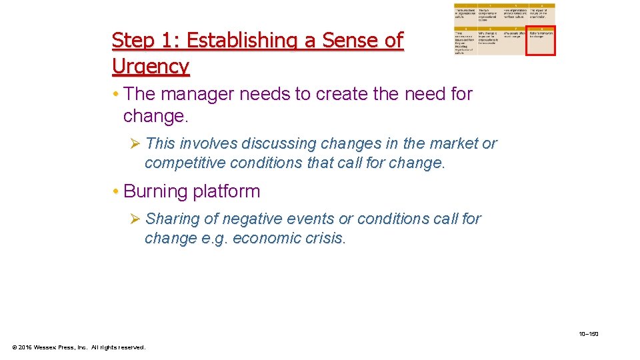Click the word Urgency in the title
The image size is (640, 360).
tap(151, 67)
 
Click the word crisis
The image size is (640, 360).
tap(326, 238)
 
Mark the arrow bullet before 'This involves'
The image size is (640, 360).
tap(135, 143)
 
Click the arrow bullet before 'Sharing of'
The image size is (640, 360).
tap(135, 219)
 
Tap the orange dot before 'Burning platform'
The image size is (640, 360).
tap(116, 192)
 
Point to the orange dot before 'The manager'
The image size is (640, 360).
tap(116, 95)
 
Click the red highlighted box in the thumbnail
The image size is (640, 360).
tap(540, 41)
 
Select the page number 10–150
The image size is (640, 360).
tap(589, 333)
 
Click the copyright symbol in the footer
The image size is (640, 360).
tap(15, 347)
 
